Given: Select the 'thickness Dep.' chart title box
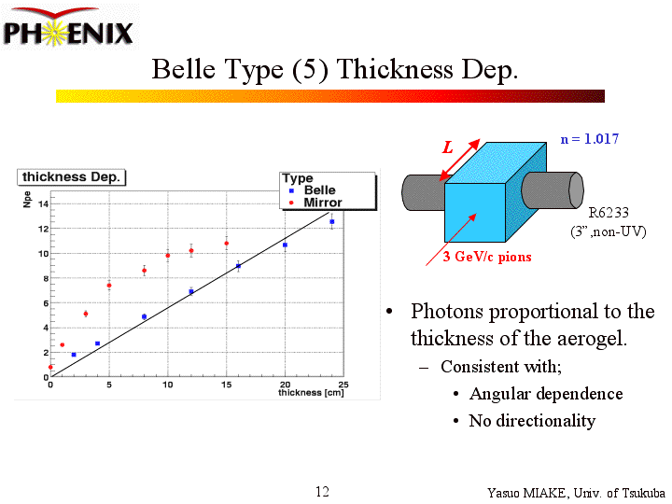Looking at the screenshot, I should pyautogui.click(x=72, y=176).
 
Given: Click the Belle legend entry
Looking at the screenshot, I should pyautogui.click(x=319, y=190).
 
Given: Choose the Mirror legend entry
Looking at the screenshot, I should pyautogui.click(x=322, y=203).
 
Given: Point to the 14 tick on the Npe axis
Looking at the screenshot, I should pyautogui.click(x=43, y=203).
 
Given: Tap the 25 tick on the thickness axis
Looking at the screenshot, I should pyautogui.click(x=343, y=385).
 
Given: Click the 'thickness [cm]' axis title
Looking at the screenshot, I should pyautogui.click(x=312, y=393).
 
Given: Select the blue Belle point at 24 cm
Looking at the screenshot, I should pyautogui.click(x=331, y=221).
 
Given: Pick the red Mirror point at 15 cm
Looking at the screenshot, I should pyautogui.click(x=226, y=243).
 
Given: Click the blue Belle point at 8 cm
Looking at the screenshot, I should pyautogui.click(x=144, y=316).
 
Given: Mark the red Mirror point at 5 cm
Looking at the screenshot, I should pyautogui.click(x=109, y=285).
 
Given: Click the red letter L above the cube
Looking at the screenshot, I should pyautogui.click(x=448, y=147).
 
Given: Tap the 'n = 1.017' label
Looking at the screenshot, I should pyautogui.click(x=589, y=139).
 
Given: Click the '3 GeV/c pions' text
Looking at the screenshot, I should pyautogui.click(x=486, y=256).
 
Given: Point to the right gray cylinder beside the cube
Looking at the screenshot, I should pyautogui.click(x=552, y=190).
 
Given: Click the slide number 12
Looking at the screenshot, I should pyautogui.click(x=322, y=492).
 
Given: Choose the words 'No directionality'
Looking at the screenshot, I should pyautogui.click(x=532, y=421).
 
